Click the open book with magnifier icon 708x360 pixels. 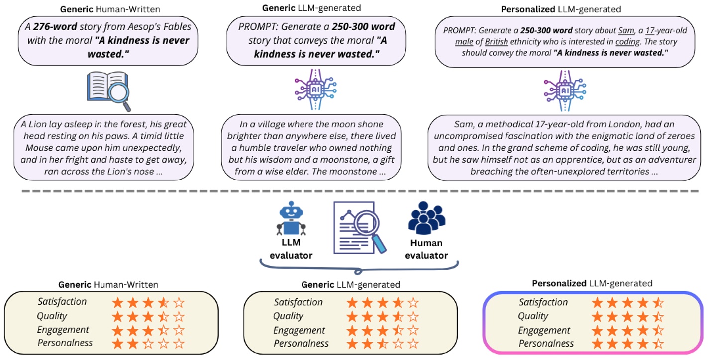click(x=108, y=90)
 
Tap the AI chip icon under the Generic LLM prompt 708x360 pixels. click(x=315, y=90)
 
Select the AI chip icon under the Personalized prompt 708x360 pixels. click(x=565, y=90)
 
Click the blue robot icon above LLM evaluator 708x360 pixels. click(x=291, y=220)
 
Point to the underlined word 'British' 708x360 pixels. click(x=496, y=41)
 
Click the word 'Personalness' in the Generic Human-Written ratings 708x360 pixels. click(x=65, y=343)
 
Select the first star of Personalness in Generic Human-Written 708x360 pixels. click(x=118, y=344)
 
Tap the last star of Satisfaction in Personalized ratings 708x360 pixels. click(x=658, y=303)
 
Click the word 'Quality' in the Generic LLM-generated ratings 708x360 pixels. click(x=288, y=316)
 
